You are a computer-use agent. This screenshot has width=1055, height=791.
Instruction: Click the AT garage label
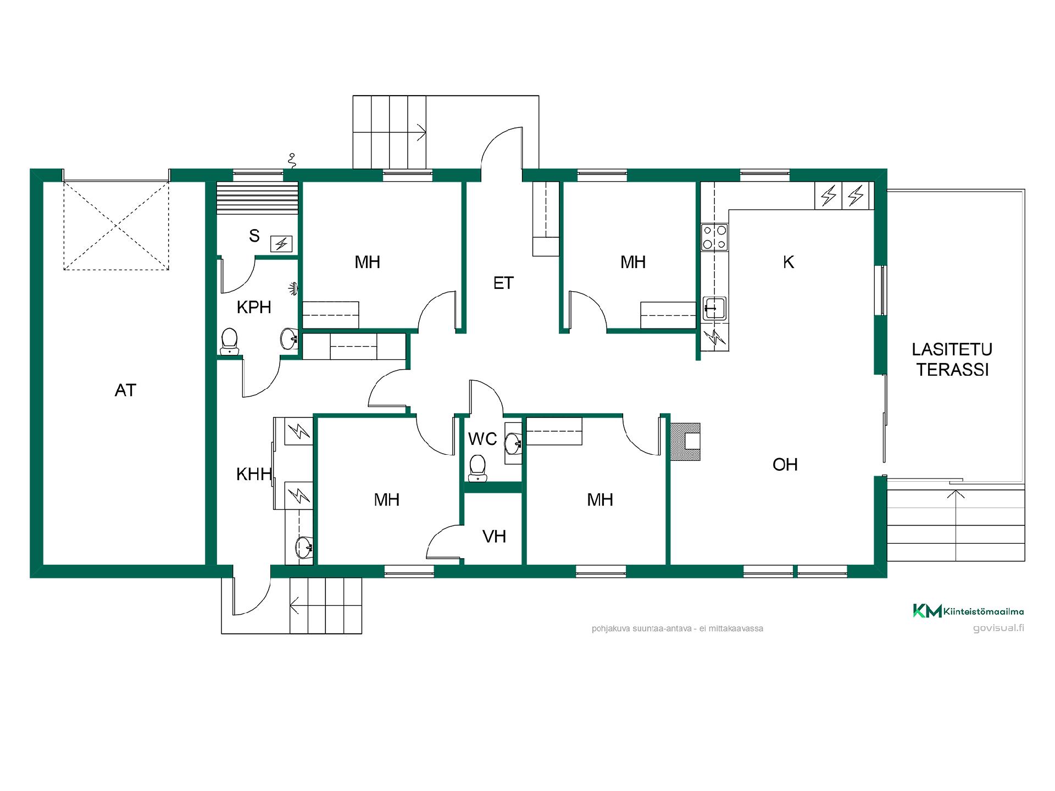click(125, 391)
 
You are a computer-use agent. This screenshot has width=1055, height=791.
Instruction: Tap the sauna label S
click(254, 236)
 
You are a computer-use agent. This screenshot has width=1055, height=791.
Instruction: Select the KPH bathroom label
click(254, 307)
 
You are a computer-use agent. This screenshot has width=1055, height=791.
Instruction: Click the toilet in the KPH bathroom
click(229, 341)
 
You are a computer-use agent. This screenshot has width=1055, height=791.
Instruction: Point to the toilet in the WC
click(477, 467)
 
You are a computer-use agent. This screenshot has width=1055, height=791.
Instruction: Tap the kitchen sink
click(714, 308)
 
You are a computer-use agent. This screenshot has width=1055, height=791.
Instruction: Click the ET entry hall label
click(503, 283)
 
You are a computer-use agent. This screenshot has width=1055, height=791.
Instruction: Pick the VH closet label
click(494, 537)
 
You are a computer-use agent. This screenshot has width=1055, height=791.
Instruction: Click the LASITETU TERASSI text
click(952, 360)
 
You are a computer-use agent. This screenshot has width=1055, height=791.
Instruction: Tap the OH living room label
click(785, 465)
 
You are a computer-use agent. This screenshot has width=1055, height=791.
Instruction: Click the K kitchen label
click(789, 263)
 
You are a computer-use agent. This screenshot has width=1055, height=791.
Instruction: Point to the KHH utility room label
click(254, 474)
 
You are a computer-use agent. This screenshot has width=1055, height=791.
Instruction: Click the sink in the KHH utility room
click(303, 547)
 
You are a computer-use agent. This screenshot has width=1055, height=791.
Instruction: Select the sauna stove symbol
click(281, 243)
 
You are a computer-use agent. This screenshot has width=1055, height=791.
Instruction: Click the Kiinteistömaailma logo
click(969, 611)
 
